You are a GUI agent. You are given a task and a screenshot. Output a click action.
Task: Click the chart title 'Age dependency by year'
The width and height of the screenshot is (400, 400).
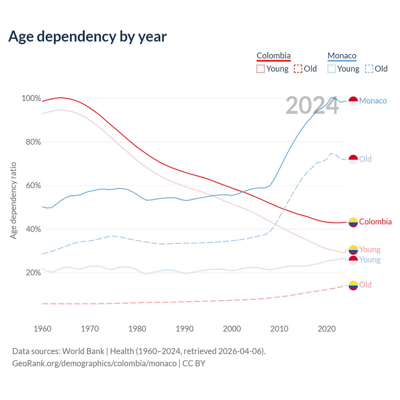(87, 36)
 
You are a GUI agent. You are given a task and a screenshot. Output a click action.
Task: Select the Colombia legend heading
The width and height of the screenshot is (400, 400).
(273, 56)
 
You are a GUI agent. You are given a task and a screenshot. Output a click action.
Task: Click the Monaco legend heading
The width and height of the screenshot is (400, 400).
(342, 56)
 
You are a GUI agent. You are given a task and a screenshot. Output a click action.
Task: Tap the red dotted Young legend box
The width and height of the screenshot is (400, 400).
(260, 69)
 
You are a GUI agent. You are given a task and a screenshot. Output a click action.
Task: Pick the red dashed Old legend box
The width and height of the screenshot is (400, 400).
(298, 69)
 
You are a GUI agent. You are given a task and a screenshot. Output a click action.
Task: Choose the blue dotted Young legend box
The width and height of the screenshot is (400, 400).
(332, 69)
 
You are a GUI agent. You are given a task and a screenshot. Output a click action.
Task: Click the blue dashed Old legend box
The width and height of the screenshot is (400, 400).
(369, 69)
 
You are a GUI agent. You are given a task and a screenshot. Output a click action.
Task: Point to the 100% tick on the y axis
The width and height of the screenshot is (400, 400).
(31, 98)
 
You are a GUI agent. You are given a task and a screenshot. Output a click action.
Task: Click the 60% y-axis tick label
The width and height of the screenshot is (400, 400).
(33, 186)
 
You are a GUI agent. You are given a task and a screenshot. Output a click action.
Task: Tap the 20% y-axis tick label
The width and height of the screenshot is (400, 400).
(33, 273)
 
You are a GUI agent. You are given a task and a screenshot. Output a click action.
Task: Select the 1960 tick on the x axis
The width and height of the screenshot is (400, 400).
(42, 329)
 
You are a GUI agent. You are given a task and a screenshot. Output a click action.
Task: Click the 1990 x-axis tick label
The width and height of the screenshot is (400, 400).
(184, 329)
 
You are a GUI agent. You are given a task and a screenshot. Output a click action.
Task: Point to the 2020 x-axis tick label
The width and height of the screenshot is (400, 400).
(327, 329)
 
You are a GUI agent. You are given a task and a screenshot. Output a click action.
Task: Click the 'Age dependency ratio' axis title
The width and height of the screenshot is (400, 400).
(13, 200)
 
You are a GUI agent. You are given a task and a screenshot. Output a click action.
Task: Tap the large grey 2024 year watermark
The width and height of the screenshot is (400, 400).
(312, 106)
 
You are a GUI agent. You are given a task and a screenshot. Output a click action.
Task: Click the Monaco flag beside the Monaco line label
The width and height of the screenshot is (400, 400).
(353, 101)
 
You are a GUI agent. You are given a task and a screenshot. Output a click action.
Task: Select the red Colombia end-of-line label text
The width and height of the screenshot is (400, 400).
(375, 222)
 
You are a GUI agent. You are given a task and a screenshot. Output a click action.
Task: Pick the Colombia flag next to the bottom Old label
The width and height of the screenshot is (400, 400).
(353, 285)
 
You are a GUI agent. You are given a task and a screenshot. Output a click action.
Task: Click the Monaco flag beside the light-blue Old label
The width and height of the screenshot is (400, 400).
(353, 159)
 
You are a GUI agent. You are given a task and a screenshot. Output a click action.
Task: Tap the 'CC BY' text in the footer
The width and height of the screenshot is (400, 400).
(194, 363)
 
